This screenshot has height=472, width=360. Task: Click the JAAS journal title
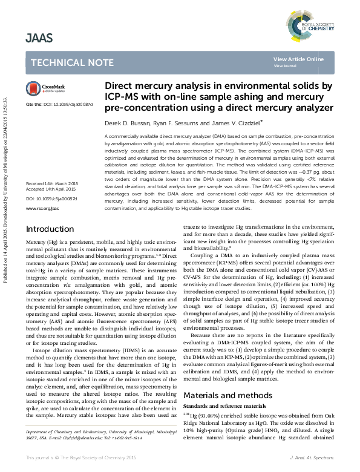[x=39, y=39]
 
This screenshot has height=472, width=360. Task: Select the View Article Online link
[x=298, y=59]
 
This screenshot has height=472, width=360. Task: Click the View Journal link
[x=285, y=65]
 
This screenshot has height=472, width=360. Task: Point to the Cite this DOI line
[x=59, y=104]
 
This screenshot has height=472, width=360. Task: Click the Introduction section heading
[x=50, y=229]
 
